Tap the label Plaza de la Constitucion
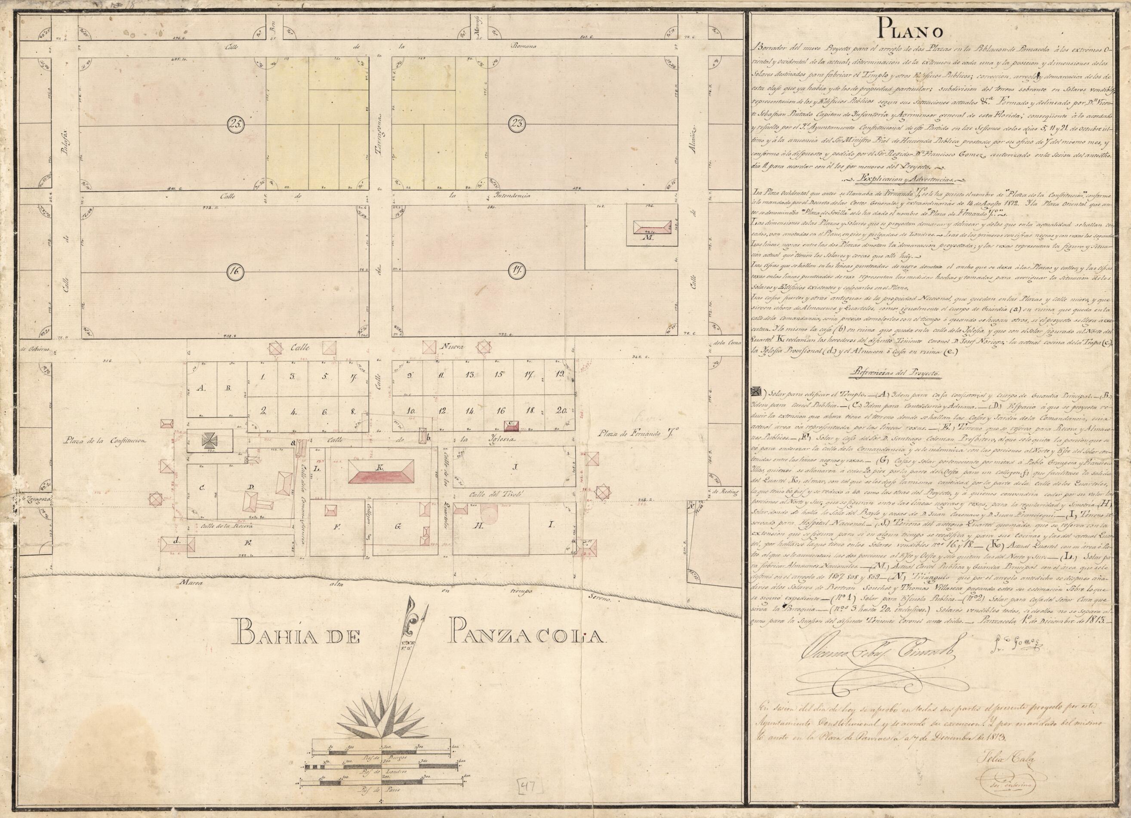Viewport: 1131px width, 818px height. pos(104,441)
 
